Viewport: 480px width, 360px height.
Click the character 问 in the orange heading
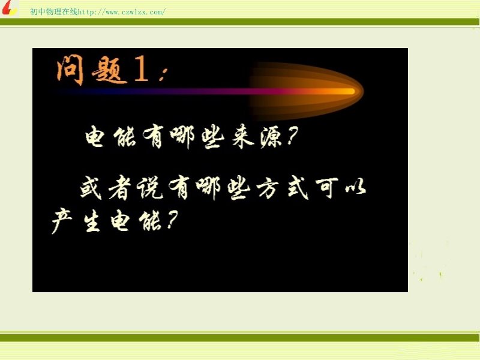[70, 70]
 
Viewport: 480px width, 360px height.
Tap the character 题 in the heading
[109, 70]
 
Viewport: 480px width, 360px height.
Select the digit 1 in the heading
[142, 70]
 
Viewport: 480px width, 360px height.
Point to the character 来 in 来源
[243, 136]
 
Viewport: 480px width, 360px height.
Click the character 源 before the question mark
[271, 137]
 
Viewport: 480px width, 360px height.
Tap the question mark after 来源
[292, 136]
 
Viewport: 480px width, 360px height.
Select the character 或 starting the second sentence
[91, 187]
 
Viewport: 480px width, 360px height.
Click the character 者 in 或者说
[119, 187]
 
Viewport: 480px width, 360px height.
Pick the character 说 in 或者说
[149, 187]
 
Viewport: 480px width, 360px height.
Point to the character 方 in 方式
[267, 187]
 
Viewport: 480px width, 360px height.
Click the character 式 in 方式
[298, 187]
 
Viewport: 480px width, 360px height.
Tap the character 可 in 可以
[327, 187]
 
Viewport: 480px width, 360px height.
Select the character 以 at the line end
[355, 187]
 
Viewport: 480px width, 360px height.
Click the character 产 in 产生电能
[62, 220]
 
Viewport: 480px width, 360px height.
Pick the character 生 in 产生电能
[92, 220]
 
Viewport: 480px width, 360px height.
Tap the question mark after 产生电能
[172, 220]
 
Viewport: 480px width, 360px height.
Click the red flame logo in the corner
[9, 8]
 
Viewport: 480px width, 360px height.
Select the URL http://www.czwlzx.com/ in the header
[122, 12]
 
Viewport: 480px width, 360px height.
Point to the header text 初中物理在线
[54, 11]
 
